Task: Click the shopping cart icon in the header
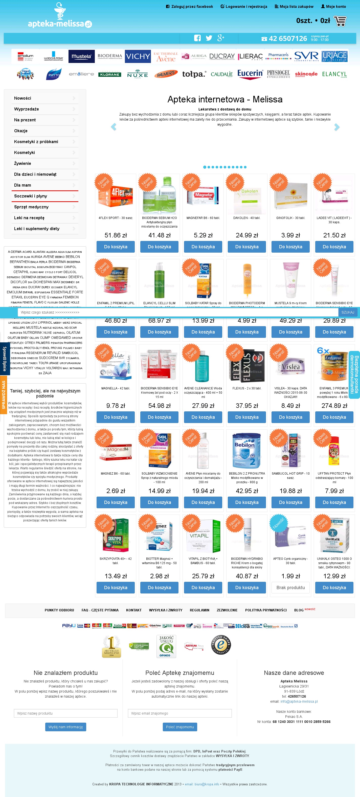click(x=340, y=21)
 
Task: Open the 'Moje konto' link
click(x=333, y=7)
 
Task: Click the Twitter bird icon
click(x=209, y=38)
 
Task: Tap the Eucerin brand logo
click(x=250, y=74)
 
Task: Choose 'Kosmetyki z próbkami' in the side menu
click(x=36, y=142)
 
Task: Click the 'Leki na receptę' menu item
click(x=29, y=218)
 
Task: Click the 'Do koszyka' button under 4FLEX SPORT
click(x=116, y=247)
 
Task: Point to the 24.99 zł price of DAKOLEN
click(x=247, y=235)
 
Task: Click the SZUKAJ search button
click(x=348, y=313)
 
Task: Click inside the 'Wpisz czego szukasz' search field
click(x=178, y=313)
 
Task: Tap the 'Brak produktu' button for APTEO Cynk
click(x=290, y=588)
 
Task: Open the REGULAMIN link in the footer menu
click(x=199, y=610)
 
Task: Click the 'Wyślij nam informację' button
click(x=65, y=727)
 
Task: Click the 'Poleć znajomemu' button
click(x=180, y=727)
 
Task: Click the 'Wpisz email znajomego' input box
click(x=180, y=713)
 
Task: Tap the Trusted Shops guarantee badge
click(x=221, y=645)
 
